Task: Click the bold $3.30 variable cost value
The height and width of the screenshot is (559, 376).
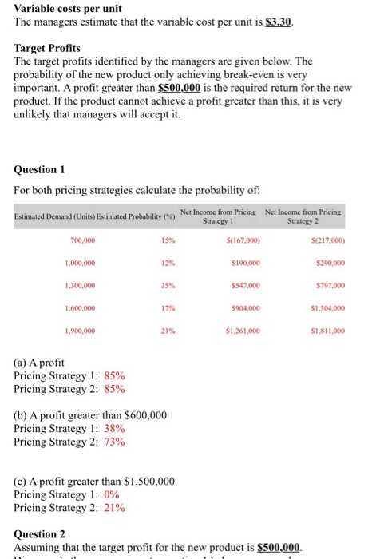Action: (x=279, y=22)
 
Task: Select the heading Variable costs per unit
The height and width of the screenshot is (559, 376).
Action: (x=68, y=7)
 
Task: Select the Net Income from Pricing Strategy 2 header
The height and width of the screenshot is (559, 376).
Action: (x=303, y=215)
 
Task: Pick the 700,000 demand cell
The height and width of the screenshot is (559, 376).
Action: (x=83, y=240)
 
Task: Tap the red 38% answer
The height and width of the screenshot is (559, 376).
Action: (x=115, y=428)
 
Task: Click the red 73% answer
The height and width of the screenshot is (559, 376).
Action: (x=115, y=442)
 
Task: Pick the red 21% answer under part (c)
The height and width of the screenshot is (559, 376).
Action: (x=115, y=508)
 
